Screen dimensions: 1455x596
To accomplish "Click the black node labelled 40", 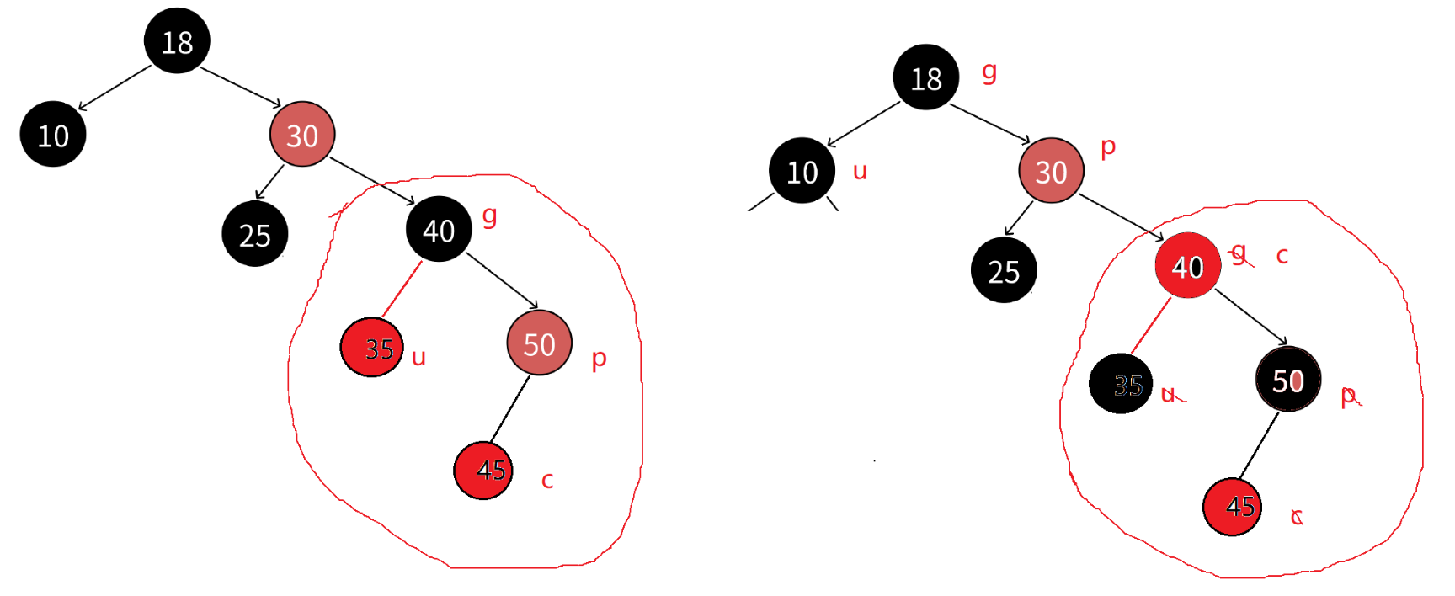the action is pyautogui.click(x=439, y=229).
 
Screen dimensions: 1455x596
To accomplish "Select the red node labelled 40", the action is pyautogui.click(x=1187, y=266).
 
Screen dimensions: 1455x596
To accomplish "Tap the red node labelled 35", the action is pyautogui.click(x=372, y=347).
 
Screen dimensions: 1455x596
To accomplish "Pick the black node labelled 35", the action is pyautogui.click(x=1121, y=384).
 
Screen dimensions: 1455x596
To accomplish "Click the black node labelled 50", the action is pyautogui.click(x=1287, y=380).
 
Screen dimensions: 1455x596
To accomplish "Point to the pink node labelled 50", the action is pyautogui.click(x=539, y=343).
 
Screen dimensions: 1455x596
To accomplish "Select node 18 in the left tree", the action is pyautogui.click(x=177, y=41).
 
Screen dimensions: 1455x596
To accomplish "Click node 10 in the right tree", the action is pyautogui.click(x=802, y=171).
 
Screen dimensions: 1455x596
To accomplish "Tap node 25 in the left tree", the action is pyautogui.click(x=254, y=234).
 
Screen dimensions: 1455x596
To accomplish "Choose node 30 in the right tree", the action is pyautogui.click(x=1051, y=171).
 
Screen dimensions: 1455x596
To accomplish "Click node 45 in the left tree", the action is pyautogui.click(x=483, y=470).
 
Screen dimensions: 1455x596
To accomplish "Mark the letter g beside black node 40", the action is pyautogui.click(x=489, y=216).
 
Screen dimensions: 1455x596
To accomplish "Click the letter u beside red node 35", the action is pyautogui.click(x=418, y=358).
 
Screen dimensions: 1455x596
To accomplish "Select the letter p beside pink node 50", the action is pyautogui.click(x=599, y=359).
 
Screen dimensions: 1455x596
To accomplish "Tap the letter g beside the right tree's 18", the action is pyautogui.click(x=989, y=72).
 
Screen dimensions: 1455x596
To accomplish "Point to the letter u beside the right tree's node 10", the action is pyautogui.click(x=860, y=172).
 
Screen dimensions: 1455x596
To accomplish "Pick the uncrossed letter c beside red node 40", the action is pyautogui.click(x=1282, y=256).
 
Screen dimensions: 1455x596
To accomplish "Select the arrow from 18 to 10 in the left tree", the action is pyautogui.click(x=115, y=88).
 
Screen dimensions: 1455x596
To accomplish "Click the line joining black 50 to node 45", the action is pyautogui.click(x=1259, y=445).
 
